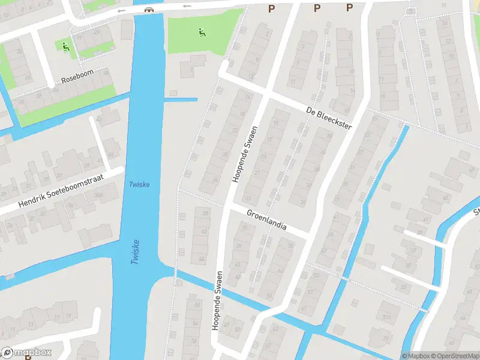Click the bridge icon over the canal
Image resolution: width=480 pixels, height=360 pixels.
tap(149, 9)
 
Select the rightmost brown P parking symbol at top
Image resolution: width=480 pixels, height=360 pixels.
tap(349, 8)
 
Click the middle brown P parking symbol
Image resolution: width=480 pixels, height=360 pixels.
tap(317, 8)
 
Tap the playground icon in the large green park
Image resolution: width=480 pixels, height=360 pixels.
tap(201, 31)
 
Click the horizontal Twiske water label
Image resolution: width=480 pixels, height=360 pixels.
tap(139, 184)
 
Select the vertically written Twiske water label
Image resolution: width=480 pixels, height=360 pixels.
tap(135, 251)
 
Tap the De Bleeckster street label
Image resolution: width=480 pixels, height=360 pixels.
tap(328, 118)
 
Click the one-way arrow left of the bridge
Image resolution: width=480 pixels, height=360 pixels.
tap(122, 10)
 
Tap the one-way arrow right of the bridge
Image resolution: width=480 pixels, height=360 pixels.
tap(187, 6)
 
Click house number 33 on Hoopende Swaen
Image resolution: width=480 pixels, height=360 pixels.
tap(248, 199)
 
